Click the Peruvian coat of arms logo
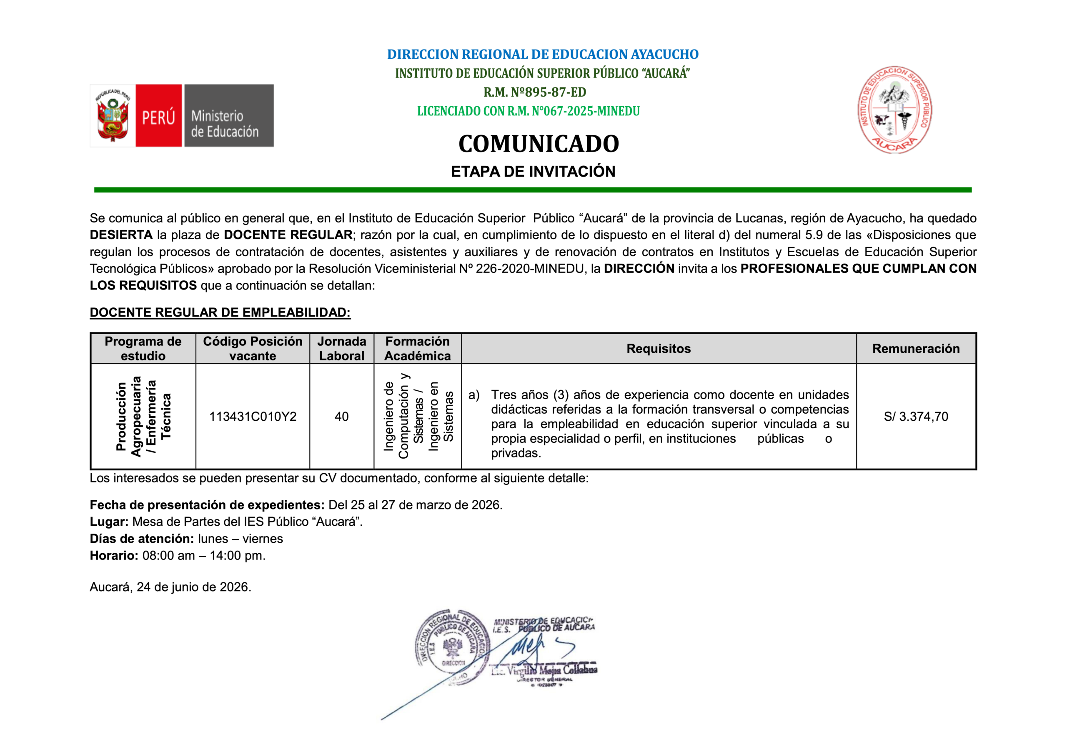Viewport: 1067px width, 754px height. [113, 116]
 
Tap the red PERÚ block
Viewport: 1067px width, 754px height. [158, 116]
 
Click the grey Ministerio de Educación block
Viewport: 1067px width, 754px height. [229, 116]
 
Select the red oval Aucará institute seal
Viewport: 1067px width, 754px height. [894, 110]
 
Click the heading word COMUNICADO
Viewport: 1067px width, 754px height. [538, 144]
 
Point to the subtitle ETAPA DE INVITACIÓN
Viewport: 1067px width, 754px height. [533, 172]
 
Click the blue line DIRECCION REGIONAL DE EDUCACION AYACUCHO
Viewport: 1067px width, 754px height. [542, 54]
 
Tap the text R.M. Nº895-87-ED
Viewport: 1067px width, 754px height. [534, 92]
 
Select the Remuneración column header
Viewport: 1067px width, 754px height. [916, 348]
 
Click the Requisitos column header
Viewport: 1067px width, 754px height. [659, 348]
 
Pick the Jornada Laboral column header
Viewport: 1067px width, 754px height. [342, 348]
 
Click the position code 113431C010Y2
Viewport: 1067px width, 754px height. [253, 416]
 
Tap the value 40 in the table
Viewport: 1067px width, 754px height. [342, 416]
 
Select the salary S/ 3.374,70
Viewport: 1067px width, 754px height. [916, 416]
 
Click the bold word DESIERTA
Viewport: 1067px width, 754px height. [121, 235]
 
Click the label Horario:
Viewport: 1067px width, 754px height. [114, 556]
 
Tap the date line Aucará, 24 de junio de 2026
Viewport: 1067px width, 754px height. [170, 587]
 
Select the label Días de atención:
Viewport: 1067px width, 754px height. [142, 539]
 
